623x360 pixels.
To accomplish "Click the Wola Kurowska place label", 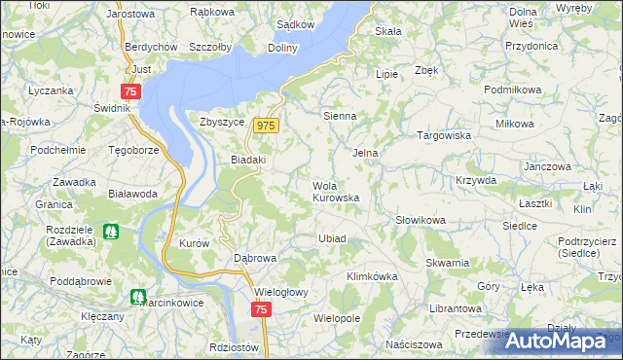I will [x=336, y=191].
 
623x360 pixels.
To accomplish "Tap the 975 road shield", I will [x=267, y=126].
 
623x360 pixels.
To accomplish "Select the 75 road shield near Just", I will [x=132, y=90].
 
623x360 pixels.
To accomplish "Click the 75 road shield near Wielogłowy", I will [x=260, y=309].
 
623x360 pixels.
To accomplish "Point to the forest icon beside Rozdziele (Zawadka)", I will [x=110, y=234].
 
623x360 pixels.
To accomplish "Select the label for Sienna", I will [x=340, y=115].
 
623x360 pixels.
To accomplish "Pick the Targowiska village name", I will [x=444, y=136].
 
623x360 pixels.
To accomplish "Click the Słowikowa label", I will [x=420, y=221].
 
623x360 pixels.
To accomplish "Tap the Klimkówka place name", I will [x=372, y=276].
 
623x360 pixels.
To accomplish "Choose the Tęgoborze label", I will [x=131, y=151].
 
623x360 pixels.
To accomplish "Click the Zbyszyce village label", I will [x=220, y=123].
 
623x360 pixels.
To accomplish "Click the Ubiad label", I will [x=332, y=238].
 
